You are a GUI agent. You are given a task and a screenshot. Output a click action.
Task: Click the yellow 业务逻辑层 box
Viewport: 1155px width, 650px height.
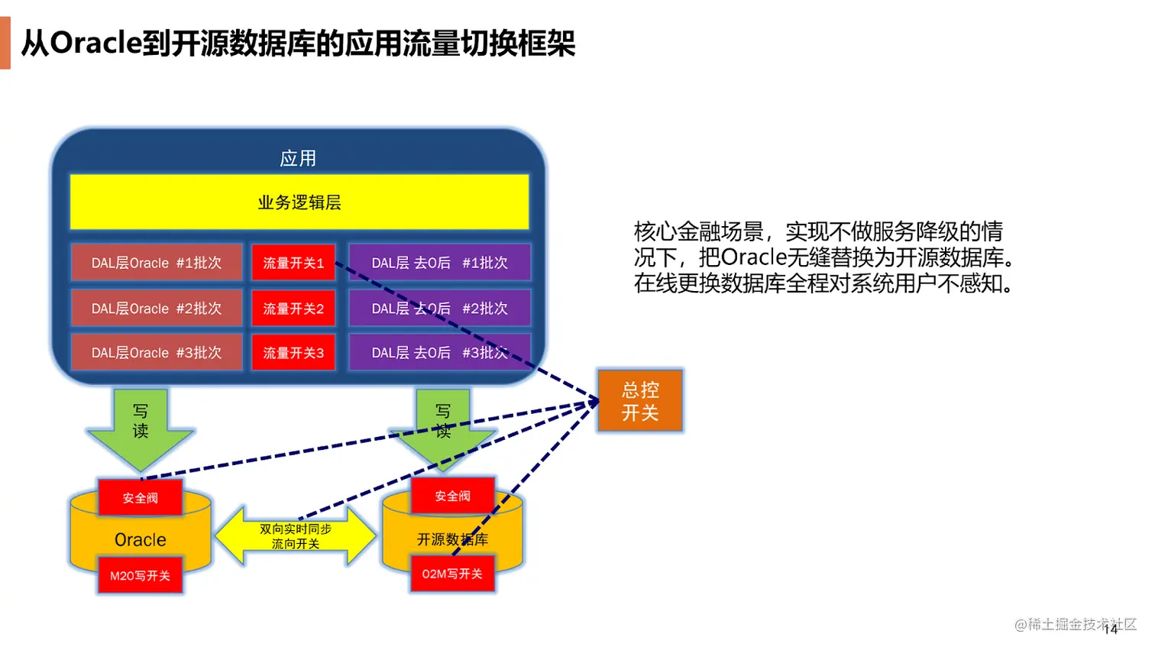pos(299,202)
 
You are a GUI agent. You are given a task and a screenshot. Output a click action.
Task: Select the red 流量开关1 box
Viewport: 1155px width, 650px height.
pos(293,263)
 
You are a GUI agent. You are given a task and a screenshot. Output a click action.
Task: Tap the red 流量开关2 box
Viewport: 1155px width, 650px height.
pos(293,309)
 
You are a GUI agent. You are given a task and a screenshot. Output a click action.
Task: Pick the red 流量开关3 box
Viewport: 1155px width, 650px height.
pos(293,353)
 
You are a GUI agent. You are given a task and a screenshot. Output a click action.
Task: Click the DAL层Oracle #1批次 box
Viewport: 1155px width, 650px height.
pos(157,263)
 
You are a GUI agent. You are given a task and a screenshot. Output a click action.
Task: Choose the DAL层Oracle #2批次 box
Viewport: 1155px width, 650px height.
pos(157,309)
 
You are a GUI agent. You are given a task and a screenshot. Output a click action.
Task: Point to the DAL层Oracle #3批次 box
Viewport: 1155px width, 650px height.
pos(157,353)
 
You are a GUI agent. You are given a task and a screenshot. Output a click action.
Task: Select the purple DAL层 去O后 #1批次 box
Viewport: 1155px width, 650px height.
pos(439,263)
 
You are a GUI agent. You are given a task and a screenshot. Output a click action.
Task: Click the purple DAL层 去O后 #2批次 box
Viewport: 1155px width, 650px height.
pos(439,309)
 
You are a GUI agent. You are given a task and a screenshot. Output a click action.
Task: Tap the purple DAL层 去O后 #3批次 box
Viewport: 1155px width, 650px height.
pos(439,353)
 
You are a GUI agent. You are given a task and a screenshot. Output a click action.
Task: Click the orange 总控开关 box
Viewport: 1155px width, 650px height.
pos(640,401)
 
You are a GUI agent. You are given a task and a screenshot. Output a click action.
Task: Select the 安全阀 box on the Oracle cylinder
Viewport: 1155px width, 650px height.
pos(141,498)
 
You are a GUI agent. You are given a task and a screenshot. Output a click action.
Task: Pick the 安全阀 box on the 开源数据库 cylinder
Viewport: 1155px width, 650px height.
pos(453,496)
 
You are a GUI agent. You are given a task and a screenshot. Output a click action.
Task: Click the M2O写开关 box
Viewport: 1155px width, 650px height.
pos(141,576)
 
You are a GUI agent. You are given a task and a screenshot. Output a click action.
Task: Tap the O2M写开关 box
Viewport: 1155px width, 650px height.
pos(452,574)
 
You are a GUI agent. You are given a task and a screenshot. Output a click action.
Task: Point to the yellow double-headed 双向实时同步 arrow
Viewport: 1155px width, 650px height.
pos(296,536)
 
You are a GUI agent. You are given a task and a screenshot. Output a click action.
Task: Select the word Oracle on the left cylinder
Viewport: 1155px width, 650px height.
pos(141,540)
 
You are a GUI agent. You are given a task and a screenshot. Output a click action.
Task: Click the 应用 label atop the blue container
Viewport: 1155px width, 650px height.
pos(298,158)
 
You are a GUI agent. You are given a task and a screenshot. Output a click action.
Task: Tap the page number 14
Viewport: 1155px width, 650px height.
pos(1111,629)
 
